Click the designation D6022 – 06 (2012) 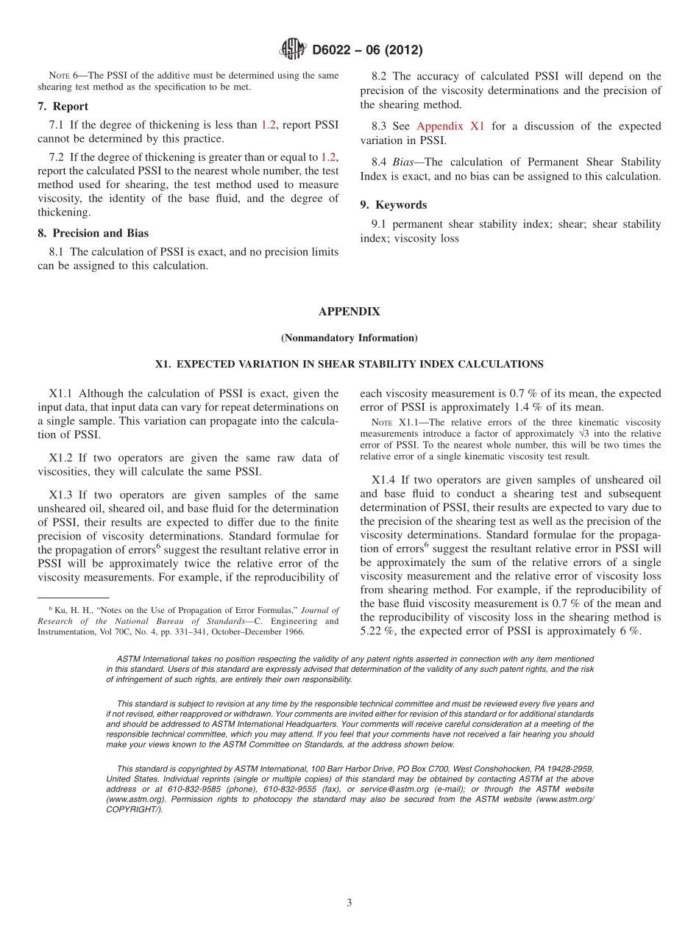(x=367, y=51)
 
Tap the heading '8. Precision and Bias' (x=93, y=233)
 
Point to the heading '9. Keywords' (x=393, y=205)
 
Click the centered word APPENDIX (x=349, y=312)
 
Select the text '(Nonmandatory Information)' (x=349, y=338)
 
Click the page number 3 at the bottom (x=349, y=903)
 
